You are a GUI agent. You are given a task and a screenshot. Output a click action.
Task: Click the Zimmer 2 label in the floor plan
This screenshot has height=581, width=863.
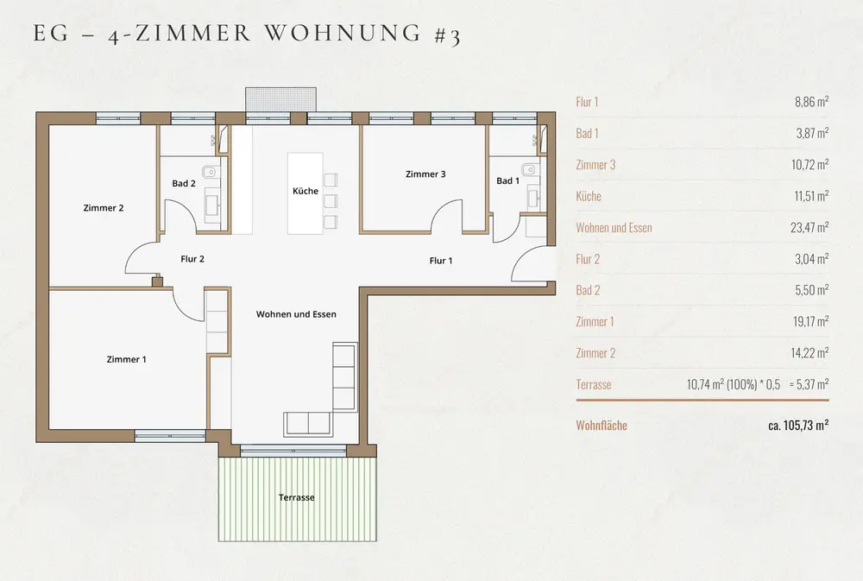[104, 207]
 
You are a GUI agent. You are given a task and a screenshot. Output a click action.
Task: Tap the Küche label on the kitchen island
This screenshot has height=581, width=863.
[306, 191]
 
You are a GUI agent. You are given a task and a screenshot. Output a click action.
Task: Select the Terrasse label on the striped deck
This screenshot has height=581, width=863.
[297, 497]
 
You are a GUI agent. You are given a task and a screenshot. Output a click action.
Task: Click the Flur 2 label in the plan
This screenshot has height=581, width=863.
[192, 259]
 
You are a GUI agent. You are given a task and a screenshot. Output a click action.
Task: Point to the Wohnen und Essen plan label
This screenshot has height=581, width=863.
[296, 314]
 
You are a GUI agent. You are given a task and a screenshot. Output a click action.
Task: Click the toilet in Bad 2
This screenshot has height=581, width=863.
[209, 173]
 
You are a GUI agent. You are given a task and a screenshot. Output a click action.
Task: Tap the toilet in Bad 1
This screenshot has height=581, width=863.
[529, 169]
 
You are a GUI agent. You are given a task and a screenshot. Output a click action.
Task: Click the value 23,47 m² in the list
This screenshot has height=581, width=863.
[809, 227]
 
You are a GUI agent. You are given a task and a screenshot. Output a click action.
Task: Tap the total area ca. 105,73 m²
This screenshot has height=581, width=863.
[798, 425]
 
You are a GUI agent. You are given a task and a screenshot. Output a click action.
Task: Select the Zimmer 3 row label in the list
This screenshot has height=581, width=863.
[595, 165]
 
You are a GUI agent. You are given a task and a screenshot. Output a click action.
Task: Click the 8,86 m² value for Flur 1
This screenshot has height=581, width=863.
[812, 101]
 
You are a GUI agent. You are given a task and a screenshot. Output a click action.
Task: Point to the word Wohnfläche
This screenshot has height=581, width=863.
[602, 425]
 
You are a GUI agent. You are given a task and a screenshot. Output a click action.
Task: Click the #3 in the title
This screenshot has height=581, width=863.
[447, 35]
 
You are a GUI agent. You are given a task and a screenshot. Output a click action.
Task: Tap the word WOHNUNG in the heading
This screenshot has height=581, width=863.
[343, 33]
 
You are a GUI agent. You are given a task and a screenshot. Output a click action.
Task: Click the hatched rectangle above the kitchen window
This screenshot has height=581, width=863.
[280, 99]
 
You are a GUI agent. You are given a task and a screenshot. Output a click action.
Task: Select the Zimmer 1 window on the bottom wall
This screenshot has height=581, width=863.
[170, 436]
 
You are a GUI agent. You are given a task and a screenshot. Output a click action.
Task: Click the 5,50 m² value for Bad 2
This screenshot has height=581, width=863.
[812, 290]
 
